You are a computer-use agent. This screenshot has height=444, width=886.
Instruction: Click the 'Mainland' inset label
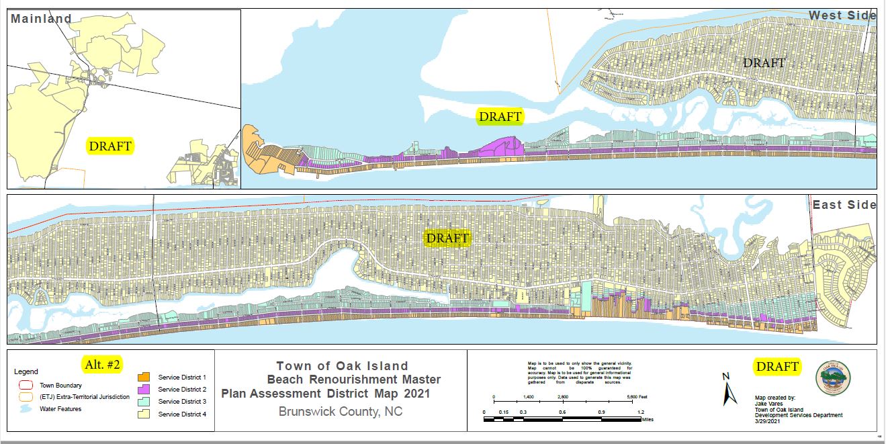(x=41, y=19)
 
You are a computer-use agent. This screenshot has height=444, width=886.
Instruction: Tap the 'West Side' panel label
(x=842, y=15)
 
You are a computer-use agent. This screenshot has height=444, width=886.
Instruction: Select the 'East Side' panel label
(x=844, y=205)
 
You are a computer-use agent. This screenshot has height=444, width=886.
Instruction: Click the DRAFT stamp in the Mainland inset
(x=110, y=146)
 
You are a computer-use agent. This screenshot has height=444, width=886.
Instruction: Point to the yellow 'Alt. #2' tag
(x=101, y=365)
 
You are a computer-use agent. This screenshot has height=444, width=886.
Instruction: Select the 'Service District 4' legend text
(x=181, y=414)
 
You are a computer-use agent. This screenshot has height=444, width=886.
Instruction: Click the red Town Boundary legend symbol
(x=28, y=386)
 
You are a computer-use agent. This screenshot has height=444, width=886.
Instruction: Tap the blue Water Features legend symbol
(x=28, y=408)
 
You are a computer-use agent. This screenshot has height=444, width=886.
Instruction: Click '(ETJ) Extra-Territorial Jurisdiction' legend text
(x=85, y=397)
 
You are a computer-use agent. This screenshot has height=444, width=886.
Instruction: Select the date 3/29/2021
(x=768, y=421)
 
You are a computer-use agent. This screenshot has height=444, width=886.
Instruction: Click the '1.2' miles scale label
(x=641, y=412)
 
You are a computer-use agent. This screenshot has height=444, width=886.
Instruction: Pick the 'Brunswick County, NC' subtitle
(x=341, y=411)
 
